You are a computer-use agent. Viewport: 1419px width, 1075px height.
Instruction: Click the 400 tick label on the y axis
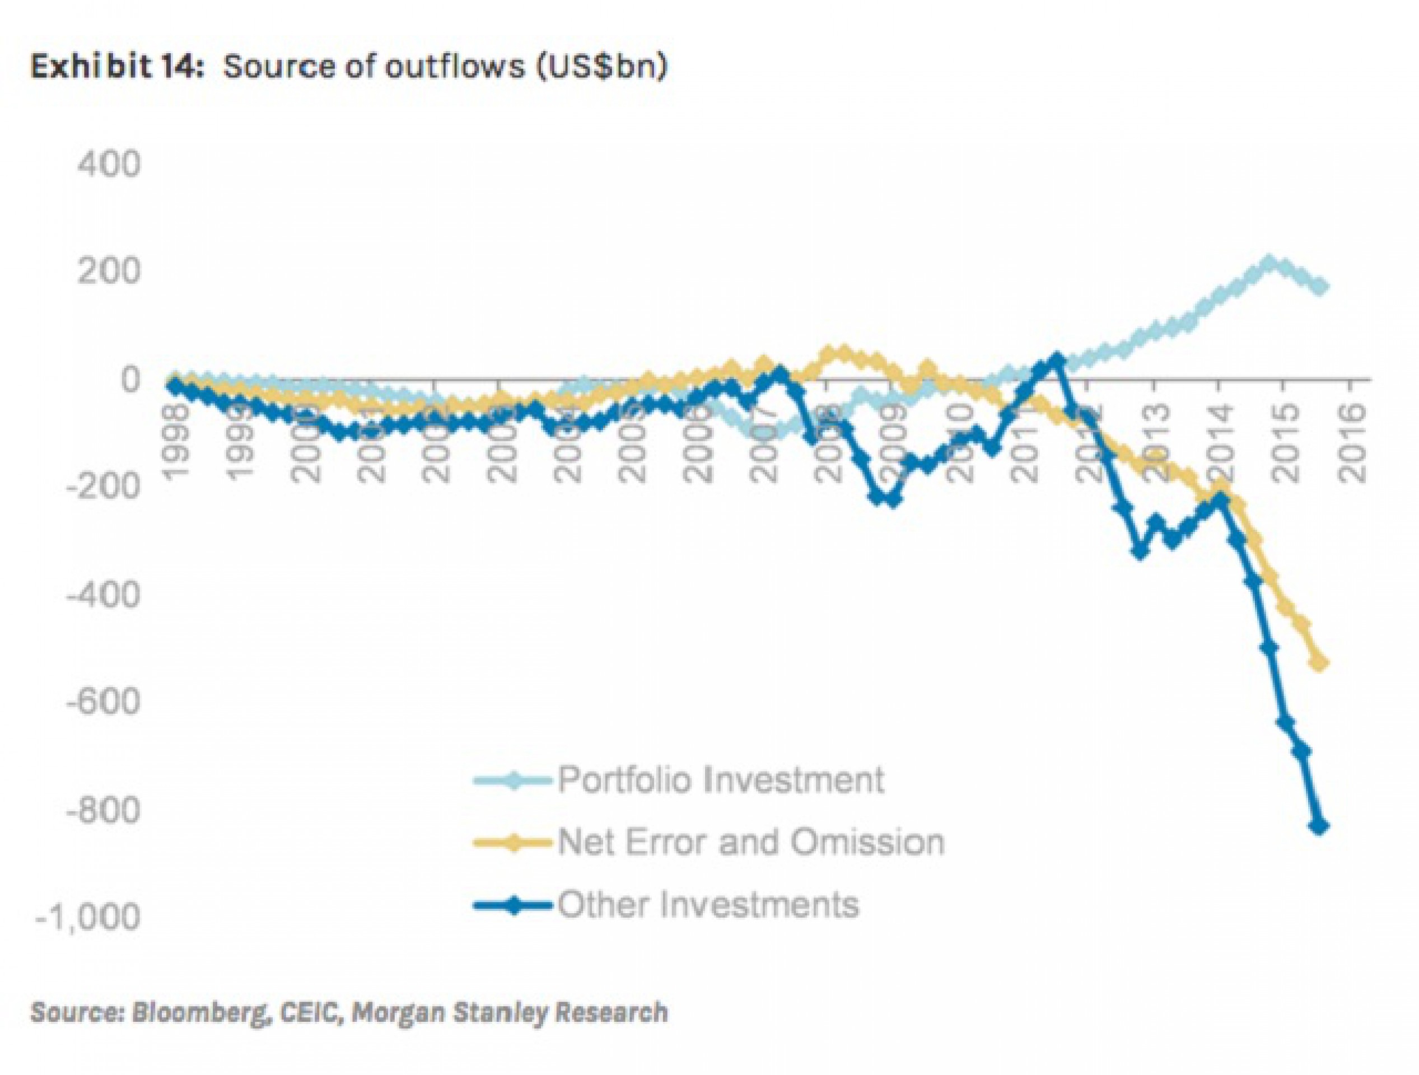click(x=108, y=165)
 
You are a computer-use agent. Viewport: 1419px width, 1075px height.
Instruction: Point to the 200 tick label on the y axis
click(x=108, y=272)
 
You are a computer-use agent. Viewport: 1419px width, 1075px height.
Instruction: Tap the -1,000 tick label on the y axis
click(x=88, y=918)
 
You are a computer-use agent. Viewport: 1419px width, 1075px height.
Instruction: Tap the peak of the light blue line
click(x=1268, y=261)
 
